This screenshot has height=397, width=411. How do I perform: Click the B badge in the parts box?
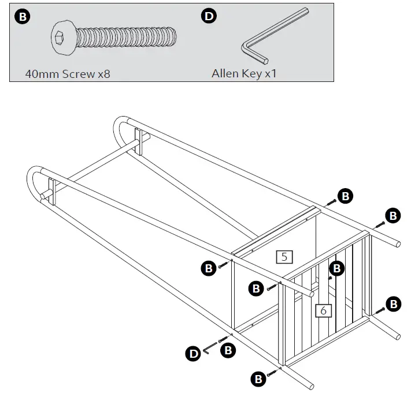coord(23,16)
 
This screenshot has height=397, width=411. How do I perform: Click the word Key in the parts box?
coord(254,74)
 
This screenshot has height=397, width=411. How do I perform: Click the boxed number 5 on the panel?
coord(284,257)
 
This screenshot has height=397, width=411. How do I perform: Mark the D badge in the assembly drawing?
coord(193,352)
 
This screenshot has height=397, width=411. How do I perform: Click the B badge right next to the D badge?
coord(228,350)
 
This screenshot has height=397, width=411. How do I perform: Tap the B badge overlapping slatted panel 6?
coord(336,268)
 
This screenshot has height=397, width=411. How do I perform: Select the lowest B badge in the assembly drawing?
coord(258,379)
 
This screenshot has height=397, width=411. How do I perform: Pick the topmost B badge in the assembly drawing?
coord(345,196)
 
